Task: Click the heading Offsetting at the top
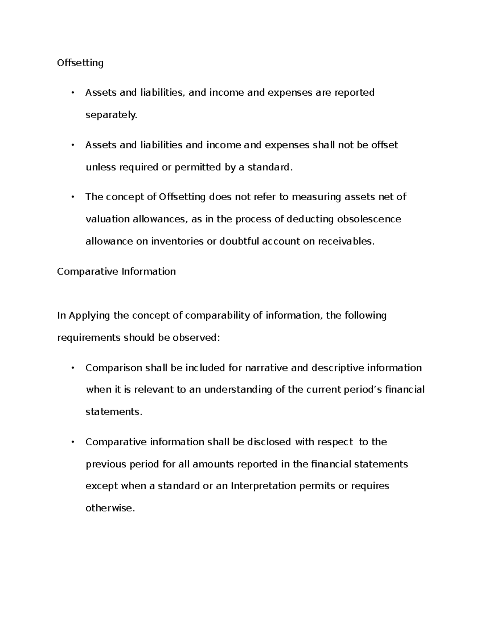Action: (x=80, y=63)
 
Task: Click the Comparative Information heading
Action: (x=116, y=271)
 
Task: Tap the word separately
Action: (x=111, y=115)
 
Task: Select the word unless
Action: (x=100, y=167)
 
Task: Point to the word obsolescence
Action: (x=369, y=219)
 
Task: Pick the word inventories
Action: (x=177, y=241)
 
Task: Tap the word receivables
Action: (x=346, y=241)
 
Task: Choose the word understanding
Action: (x=238, y=390)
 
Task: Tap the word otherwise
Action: (x=109, y=508)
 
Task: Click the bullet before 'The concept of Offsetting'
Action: (x=73, y=197)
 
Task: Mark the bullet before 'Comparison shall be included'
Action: (x=73, y=368)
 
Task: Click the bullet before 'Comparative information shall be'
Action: (x=73, y=442)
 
